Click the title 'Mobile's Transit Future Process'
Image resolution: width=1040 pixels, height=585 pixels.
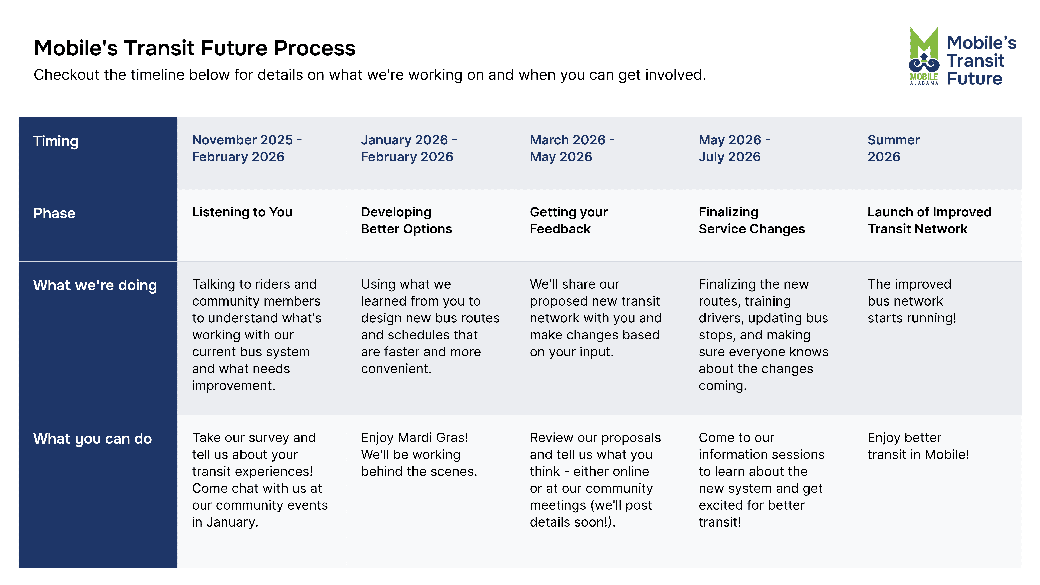click(x=195, y=48)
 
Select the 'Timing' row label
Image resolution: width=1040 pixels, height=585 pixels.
click(x=56, y=141)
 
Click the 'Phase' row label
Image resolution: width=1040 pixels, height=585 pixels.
click(x=54, y=213)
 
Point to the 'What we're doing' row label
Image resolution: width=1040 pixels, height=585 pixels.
click(x=95, y=285)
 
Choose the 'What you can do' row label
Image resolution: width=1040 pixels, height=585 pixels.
click(x=92, y=439)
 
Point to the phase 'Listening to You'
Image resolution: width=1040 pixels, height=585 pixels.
click(x=242, y=212)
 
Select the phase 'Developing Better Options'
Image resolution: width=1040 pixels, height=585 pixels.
click(x=407, y=220)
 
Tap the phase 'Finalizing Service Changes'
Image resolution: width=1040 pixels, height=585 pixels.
click(x=752, y=220)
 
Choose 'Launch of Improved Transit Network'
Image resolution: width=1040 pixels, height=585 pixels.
click(x=929, y=220)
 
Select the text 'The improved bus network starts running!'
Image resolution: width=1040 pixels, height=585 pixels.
click(x=912, y=301)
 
